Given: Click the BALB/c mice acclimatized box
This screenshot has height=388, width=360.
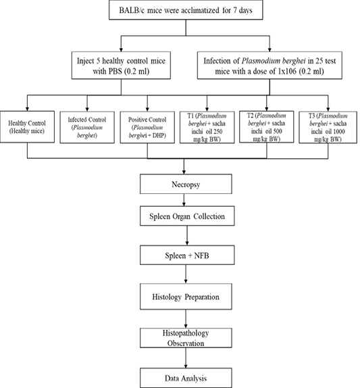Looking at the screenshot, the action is (186, 10).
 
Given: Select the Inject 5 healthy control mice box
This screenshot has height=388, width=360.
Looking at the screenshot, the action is (121, 66).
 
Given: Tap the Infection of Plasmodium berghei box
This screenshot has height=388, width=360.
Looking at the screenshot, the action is (269, 66).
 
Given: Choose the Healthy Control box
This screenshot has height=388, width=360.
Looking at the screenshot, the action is (27, 126).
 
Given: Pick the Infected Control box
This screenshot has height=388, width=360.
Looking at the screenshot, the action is (87, 127).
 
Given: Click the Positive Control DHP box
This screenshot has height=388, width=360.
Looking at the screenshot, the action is (147, 127).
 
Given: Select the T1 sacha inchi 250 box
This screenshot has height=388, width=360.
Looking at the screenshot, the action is (207, 127).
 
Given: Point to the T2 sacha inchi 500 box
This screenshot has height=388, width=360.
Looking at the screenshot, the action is (267, 126).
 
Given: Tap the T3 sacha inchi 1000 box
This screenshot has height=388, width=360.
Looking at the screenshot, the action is (328, 127).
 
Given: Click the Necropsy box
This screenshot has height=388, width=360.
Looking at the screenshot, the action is (186, 184).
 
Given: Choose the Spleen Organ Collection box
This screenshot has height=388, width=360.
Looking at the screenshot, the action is (187, 216).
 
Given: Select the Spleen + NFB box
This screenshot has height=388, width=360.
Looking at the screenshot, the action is (187, 255).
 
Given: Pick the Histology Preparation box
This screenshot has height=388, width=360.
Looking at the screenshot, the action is (186, 297).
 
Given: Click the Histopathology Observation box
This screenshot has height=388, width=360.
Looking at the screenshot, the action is (186, 338).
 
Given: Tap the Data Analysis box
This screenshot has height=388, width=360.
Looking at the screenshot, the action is (186, 378).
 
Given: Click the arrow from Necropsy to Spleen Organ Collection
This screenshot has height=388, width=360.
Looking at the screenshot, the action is (184, 200).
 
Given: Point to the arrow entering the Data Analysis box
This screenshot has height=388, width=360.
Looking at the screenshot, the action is (186, 358).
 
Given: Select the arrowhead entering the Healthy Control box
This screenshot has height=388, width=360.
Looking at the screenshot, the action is (27, 109).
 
